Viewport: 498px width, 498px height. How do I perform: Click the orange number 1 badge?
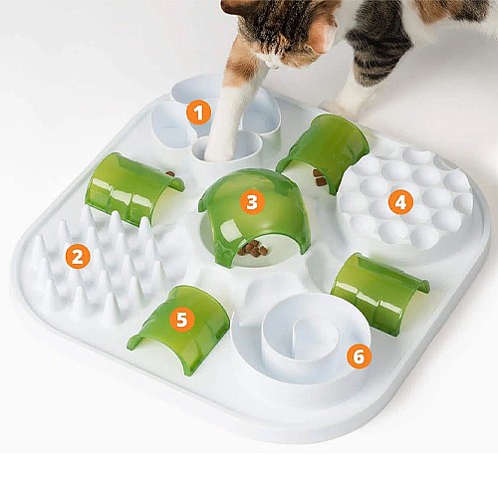click(x=198, y=113)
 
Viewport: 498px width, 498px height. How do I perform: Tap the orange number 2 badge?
click(x=78, y=257)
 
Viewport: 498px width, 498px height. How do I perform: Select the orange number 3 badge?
click(x=252, y=201)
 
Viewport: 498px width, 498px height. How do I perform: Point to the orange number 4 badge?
click(x=401, y=202)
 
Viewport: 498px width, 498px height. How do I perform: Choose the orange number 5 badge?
click(x=182, y=320)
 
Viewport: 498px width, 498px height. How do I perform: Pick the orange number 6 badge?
click(x=359, y=357)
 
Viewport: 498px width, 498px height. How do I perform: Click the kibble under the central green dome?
click(x=254, y=248)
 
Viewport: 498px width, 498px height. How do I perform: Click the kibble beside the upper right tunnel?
click(x=320, y=178)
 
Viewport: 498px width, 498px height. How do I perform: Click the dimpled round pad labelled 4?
click(x=405, y=196)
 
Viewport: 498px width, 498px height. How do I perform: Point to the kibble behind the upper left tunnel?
click(x=170, y=174)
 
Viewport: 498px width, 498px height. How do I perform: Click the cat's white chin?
click(x=273, y=62)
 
